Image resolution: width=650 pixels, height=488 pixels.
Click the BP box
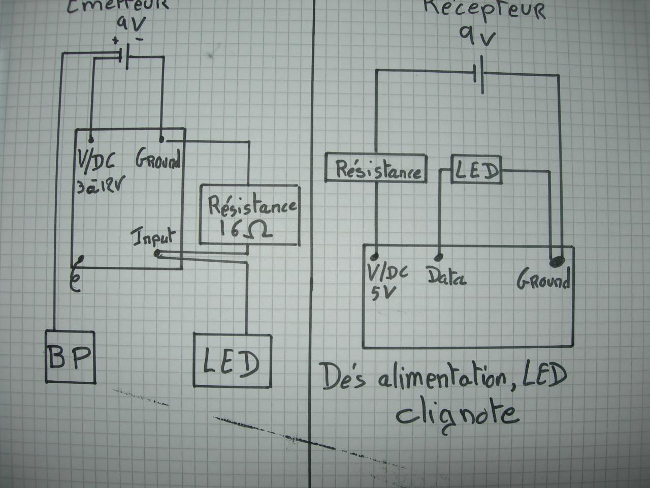pyautogui.click(x=71, y=357)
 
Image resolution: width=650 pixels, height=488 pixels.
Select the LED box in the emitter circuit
pyautogui.click(x=232, y=360)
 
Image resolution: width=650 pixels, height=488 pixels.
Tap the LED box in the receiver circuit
pyautogui.click(x=476, y=169)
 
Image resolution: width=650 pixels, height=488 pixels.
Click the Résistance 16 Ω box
pyautogui.click(x=249, y=214)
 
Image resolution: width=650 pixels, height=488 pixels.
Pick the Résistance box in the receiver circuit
pyautogui.click(x=375, y=167)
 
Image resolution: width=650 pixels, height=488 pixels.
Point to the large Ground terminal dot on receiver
pyautogui.click(x=557, y=261)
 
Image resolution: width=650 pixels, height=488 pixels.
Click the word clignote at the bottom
pyautogui.click(x=457, y=414)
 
